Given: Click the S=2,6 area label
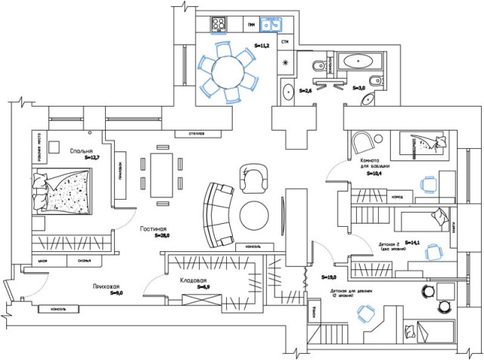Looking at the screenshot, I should pos(306,91).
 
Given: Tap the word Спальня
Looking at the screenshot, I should pos(81,151).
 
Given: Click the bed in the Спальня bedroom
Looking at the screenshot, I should pos(65,192).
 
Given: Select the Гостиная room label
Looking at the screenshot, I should pos(152,228).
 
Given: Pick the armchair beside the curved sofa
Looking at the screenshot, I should pos(254,180).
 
